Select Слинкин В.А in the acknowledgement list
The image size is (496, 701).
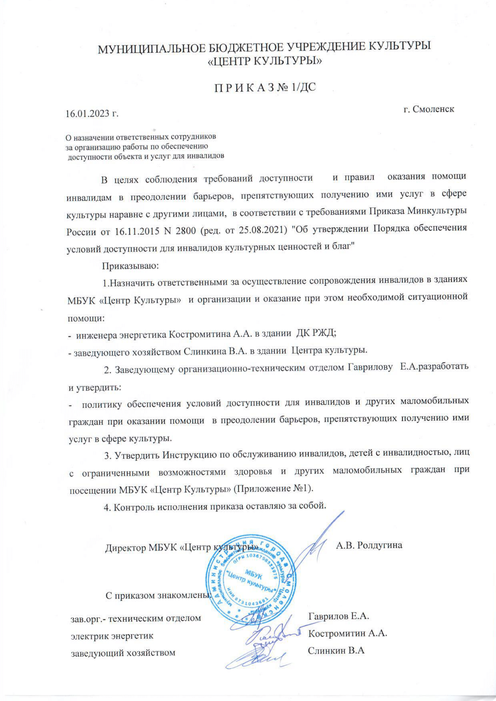tap(336, 650)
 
